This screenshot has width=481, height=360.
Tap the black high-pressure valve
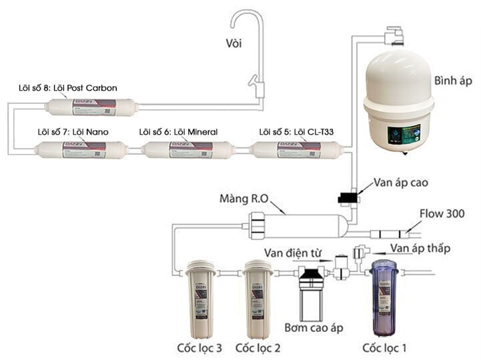[x=348, y=197]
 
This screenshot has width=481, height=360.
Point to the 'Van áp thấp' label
[x=420, y=248]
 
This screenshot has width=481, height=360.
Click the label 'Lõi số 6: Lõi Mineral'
[x=179, y=131]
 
